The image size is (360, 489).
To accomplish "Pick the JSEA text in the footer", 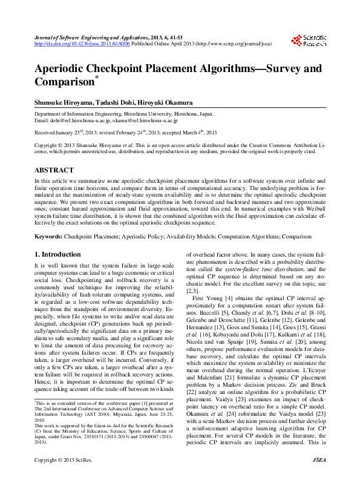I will pyautogui.click(x=318, y=477).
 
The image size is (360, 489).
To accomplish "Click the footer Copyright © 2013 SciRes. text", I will pyautogui.click(x=62, y=477).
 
